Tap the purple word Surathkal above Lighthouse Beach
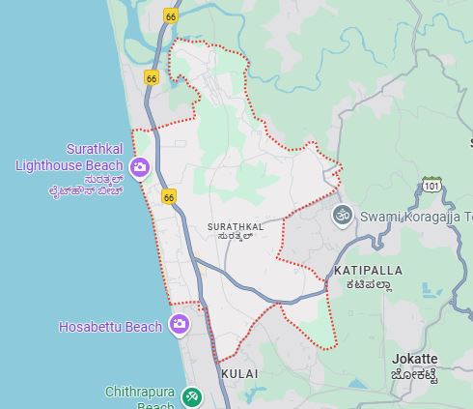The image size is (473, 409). tap(95, 150)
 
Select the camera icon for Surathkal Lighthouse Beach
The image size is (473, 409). tap(140, 168)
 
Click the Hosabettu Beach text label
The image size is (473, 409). tap(110, 327)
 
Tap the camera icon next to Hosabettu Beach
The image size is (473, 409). tap(179, 324)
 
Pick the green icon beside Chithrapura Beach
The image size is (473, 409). tap(192, 395)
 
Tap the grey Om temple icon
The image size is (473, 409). tap(341, 215)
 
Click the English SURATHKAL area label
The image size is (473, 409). tap(235, 226)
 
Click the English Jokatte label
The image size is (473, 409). tap(414, 359)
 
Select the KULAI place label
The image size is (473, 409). tap(239, 372)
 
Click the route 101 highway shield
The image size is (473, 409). tap(431, 184)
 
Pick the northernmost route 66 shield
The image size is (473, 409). tap(171, 16)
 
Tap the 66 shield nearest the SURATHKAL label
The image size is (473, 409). tap(170, 197)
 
